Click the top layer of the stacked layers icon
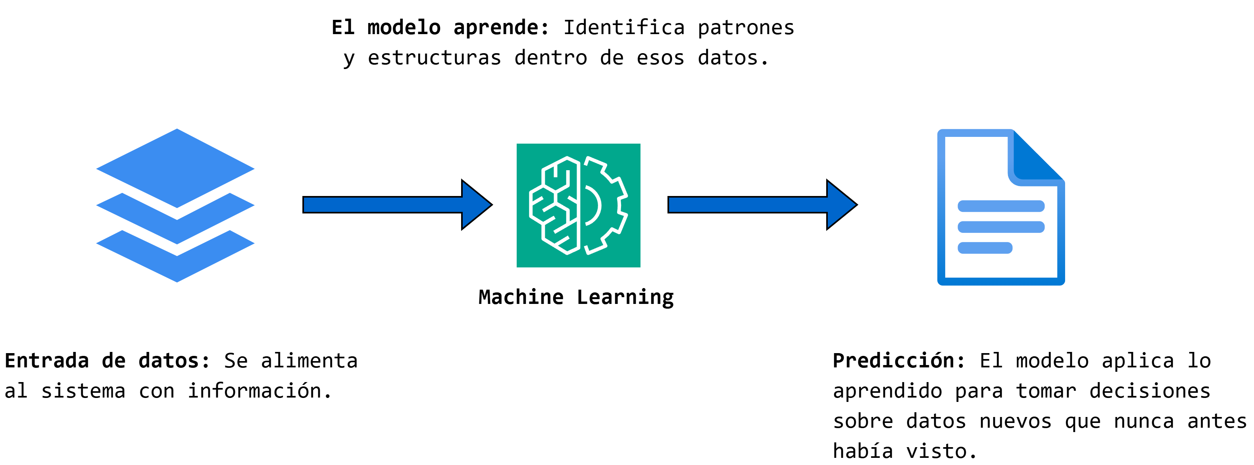175,168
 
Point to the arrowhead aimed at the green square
475,205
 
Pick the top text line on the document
1001,206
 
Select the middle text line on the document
1001,227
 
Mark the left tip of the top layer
97,169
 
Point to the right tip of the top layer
254,169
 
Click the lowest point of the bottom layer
177,281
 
